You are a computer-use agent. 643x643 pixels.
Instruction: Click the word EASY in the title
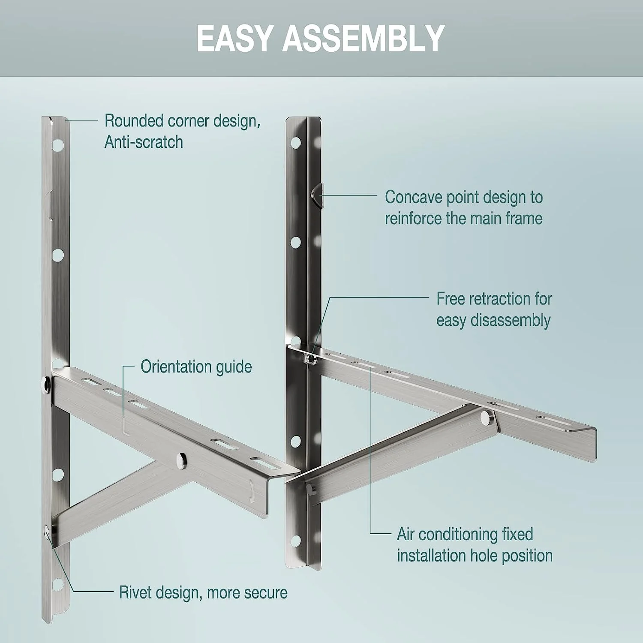click(235, 39)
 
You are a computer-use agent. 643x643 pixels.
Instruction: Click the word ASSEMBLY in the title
click(363, 39)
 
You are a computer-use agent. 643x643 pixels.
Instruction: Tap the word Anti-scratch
click(144, 142)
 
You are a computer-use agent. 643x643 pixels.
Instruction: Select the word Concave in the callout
click(413, 197)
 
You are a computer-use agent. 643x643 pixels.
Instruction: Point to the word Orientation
click(176, 367)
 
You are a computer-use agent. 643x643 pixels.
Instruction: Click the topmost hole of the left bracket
click(58, 146)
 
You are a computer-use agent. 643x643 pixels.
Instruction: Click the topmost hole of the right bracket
click(295, 142)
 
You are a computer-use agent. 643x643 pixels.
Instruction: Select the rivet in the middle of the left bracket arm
click(181, 460)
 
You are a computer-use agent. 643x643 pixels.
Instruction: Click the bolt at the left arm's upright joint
click(45, 383)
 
